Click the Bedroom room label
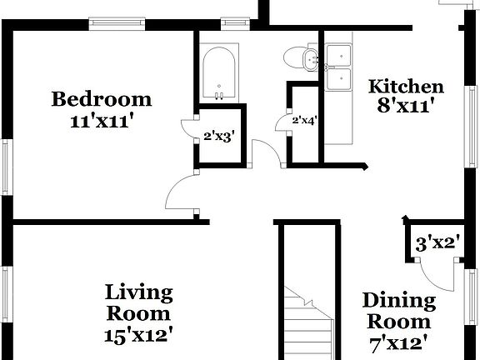tap(102, 99)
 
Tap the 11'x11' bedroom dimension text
tap(102, 120)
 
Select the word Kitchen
tap(406, 87)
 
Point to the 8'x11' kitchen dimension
tap(406, 106)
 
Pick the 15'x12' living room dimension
tap(138, 335)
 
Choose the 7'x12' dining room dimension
tap(398, 341)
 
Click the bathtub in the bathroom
tap(219, 74)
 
